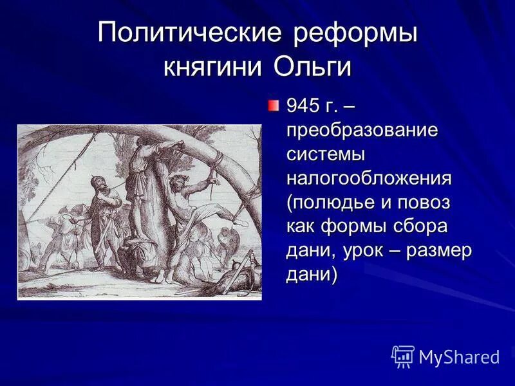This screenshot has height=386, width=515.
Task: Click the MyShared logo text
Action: (x=458, y=357)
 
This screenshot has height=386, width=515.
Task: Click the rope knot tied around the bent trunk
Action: (x=218, y=156)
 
